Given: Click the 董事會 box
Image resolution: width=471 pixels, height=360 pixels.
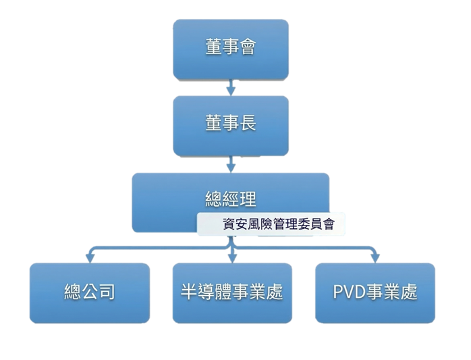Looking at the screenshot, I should tap(230, 49).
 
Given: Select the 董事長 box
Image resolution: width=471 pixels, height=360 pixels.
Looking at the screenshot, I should tap(230, 125).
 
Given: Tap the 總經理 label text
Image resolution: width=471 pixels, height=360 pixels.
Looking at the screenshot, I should tap(230, 199).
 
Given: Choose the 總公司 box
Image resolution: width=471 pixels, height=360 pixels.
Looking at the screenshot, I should tap(89, 292).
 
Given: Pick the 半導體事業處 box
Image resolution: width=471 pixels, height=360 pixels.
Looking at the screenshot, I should tap(231, 292).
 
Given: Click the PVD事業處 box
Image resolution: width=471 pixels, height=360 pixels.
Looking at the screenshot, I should tap(375, 292).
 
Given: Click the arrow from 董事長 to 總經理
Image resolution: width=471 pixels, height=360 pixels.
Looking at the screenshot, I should tap(231, 163).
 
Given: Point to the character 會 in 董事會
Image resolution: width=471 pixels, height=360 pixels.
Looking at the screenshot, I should tap(247, 49).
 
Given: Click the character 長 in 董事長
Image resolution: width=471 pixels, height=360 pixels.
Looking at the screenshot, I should tap(247, 125).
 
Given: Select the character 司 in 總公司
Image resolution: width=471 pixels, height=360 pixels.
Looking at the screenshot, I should tap(106, 292).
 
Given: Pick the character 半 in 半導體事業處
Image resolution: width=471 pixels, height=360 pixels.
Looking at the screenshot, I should tap(190, 292).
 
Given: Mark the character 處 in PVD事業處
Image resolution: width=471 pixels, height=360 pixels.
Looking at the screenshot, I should tap(408, 292).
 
